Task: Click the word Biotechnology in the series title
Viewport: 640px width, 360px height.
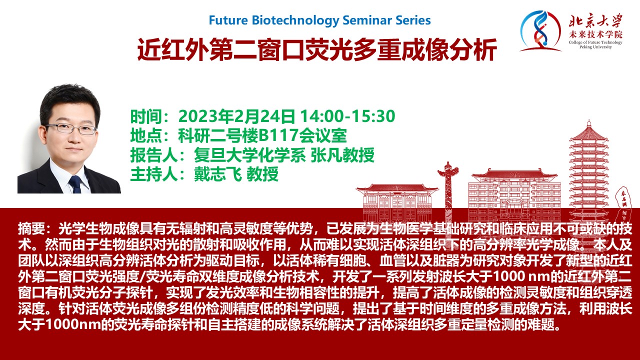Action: pos(295,20)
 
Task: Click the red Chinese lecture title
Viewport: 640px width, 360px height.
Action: pos(317,49)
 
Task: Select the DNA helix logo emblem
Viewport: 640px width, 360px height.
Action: pos(540,31)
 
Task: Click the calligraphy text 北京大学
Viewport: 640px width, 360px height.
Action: pos(595,20)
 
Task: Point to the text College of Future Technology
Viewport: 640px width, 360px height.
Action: pos(595,42)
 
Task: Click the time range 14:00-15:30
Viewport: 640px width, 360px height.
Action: pos(347,116)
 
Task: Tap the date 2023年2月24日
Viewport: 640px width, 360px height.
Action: pos(236,116)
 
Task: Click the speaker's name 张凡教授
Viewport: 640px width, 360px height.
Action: pos(342,155)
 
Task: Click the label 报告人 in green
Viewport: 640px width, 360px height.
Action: pos(154,155)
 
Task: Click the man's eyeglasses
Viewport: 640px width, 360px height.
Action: pos(70,129)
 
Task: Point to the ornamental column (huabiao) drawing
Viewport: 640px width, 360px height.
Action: pos(447,191)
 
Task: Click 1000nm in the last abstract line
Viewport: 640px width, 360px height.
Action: pos(73,325)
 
